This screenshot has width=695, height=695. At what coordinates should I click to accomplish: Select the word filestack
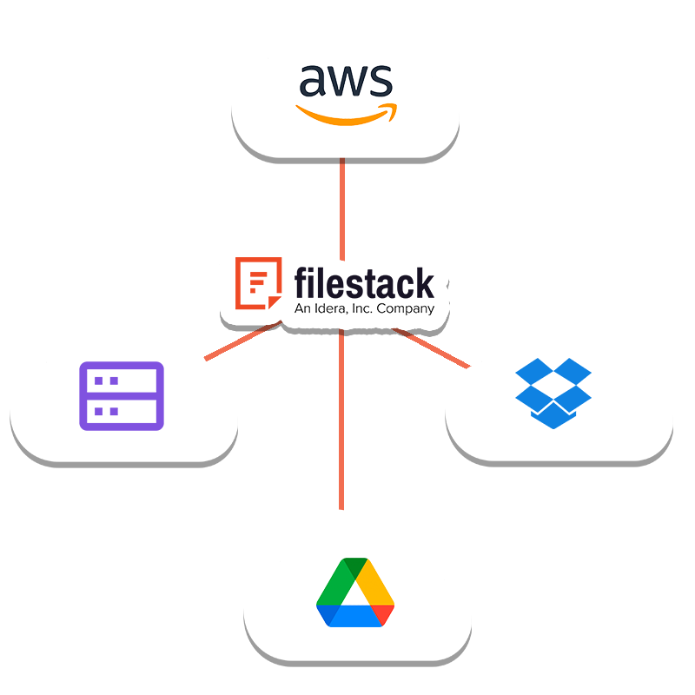(364, 283)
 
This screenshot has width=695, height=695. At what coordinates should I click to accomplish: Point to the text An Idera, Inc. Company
(364, 308)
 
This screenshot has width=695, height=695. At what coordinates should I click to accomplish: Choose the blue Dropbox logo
(553, 393)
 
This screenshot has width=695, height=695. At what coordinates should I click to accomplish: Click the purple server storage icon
(121, 396)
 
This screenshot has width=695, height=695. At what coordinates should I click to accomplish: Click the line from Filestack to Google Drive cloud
(341, 417)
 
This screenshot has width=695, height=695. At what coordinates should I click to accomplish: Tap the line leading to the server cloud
(239, 341)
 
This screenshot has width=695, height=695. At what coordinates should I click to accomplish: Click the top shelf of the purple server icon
(121, 381)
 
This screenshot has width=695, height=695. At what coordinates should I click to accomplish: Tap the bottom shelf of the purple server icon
(121, 411)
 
